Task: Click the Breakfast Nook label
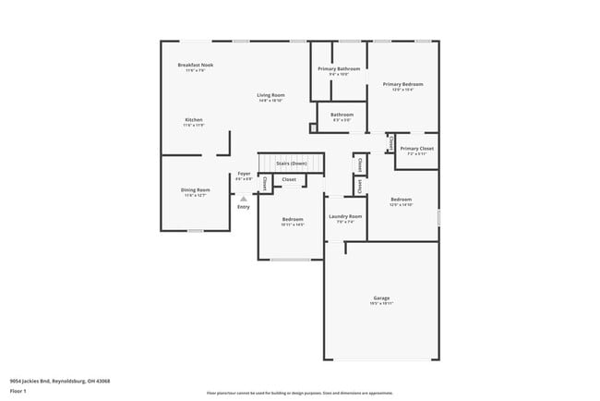[x=195, y=66]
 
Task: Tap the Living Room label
[x=270, y=95]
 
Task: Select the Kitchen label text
[x=194, y=120]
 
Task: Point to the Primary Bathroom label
[x=339, y=69]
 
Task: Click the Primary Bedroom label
[x=403, y=84]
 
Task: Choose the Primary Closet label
[x=417, y=149]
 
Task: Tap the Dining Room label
[x=195, y=190]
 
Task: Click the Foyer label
[x=244, y=174]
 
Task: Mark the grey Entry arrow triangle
[x=244, y=198]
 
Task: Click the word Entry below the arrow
[x=244, y=207]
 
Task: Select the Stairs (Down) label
[x=292, y=164]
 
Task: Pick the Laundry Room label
[x=345, y=216]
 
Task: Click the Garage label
[x=380, y=298]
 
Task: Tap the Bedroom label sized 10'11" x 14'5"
[x=293, y=220]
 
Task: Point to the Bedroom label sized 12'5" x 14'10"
[x=402, y=200]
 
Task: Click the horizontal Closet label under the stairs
[x=289, y=179]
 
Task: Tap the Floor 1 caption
[x=18, y=392]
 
